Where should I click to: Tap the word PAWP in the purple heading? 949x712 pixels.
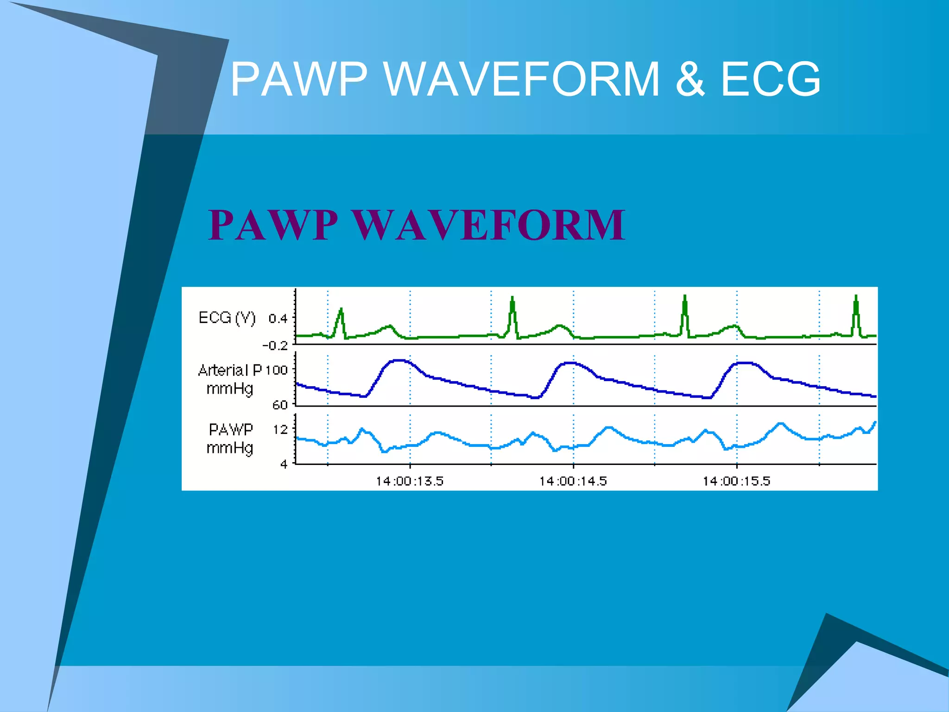pyautogui.click(x=273, y=225)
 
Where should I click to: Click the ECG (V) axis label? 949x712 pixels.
pyautogui.click(x=227, y=318)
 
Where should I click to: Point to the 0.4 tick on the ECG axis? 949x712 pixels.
pyautogui.click(x=278, y=318)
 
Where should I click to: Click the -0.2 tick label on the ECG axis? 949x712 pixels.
pyautogui.click(x=275, y=346)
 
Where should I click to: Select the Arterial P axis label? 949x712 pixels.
pyautogui.click(x=230, y=370)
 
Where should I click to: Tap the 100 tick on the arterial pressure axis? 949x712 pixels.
pyautogui.click(x=277, y=370)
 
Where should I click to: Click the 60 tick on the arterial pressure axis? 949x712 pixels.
pyautogui.click(x=280, y=405)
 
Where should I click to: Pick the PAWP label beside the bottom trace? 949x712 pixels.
pyautogui.click(x=231, y=430)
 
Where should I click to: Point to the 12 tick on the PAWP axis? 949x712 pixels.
pyautogui.click(x=280, y=430)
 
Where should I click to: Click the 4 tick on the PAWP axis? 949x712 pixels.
pyautogui.click(x=284, y=464)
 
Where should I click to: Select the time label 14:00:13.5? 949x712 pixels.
pyautogui.click(x=409, y=481)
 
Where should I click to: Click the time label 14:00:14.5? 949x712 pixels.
pyautogui.click(x=573, y=481)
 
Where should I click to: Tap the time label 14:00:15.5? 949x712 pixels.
pyautogui.click(x=736, y=481)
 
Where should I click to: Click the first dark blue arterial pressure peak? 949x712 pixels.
pyautogui.click(x=399, y=361)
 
